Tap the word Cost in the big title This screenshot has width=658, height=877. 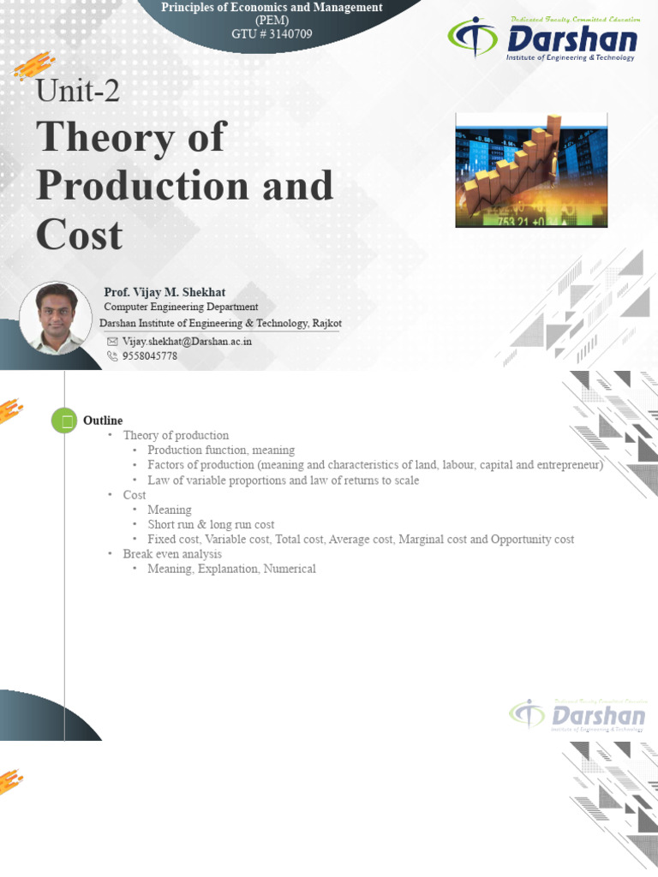coord(79,235)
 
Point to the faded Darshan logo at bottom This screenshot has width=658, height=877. coord(577,714)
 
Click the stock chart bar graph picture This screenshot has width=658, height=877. coord(531,170)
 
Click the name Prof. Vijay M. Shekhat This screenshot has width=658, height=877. coord(164,292)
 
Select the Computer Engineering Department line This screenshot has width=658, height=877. coord(181,307)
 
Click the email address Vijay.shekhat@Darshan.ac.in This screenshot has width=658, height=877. coord(187,341)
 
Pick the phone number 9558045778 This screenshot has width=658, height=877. coord(150,355)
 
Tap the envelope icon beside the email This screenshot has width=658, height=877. coord(111,341)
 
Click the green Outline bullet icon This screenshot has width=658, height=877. coord(64,421)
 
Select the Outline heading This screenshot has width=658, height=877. coord(103,421)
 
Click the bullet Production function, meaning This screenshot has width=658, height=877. coord(221,450)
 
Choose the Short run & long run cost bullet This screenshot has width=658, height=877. coord(211,524)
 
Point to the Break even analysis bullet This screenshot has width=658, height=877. coord(172,554)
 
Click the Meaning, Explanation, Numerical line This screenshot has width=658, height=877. coord(231,569)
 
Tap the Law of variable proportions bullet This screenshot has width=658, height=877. coord(283,480)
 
